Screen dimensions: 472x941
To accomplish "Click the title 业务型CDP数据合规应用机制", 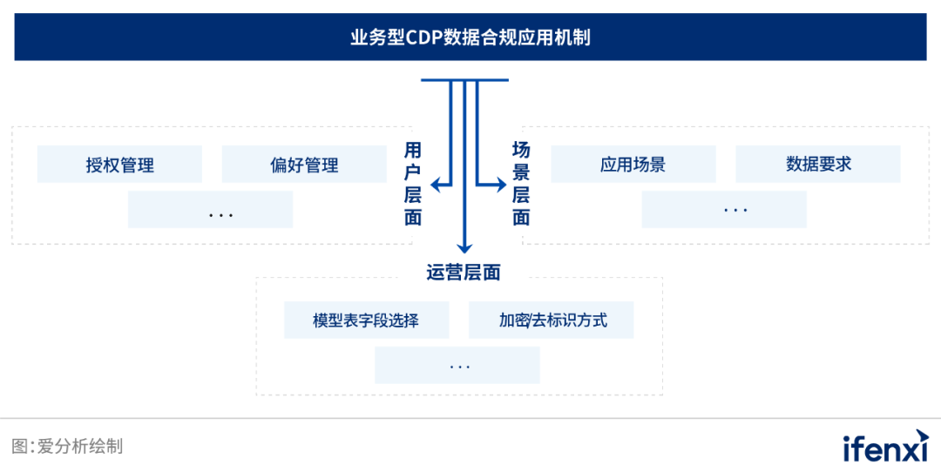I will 470,37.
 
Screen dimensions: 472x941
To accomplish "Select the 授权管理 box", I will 119,164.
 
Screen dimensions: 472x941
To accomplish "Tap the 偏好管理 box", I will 304,164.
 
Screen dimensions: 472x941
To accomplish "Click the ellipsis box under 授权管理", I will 210,210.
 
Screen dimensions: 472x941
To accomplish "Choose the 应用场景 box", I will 633,164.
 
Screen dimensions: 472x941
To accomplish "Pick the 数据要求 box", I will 818,164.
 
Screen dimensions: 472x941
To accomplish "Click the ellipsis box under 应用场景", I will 724,210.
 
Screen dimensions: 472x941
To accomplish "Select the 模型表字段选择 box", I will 366,320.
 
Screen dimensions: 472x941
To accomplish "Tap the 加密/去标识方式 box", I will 552,320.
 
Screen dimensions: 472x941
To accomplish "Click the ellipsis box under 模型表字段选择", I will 457,365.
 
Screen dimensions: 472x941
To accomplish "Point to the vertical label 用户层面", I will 413,184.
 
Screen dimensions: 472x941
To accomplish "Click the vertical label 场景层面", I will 521,184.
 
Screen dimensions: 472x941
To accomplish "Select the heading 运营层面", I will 464,272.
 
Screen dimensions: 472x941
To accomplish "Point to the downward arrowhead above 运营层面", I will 464,246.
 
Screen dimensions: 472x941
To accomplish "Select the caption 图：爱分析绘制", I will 67,447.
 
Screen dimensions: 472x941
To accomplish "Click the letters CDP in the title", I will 423,37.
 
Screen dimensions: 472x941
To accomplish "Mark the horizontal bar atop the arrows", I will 464,80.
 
